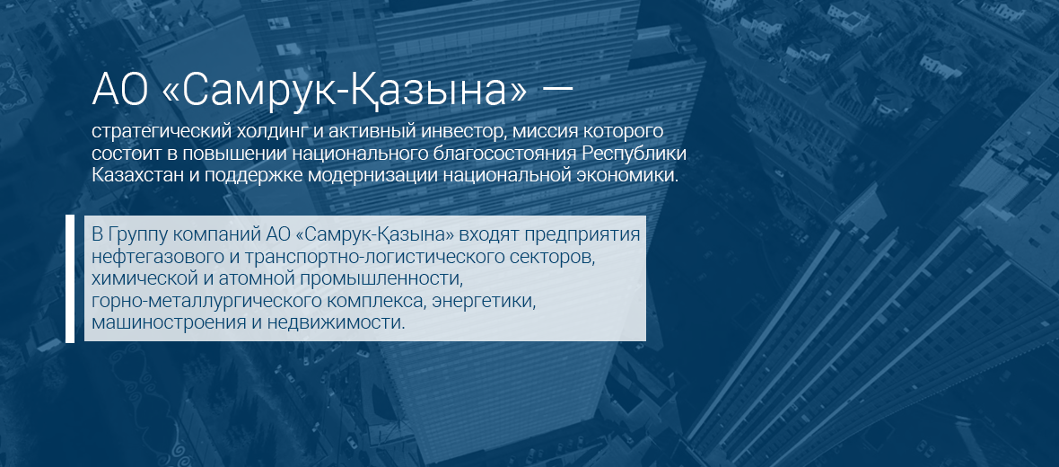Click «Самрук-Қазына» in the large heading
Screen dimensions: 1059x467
point(344,91)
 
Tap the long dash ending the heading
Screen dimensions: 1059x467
point(558,90)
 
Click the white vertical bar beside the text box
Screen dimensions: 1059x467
point(70,278)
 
